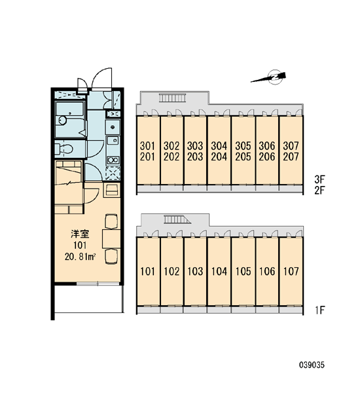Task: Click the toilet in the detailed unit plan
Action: (x=64, y=149)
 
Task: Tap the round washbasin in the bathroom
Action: (x=62, y=121)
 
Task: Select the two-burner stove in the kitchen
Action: (x=113, y=160)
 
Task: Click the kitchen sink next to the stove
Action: (x=113, y=140)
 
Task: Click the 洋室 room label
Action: (x=80, y=234)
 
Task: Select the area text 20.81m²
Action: (x=81, y=257)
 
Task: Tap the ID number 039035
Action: (x=312, y=365)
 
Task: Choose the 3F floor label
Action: (x=319, y=179)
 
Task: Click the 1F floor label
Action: (x=320, y=310)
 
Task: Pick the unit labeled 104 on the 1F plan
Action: (x=219, y=271)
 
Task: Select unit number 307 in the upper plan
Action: (x=291, y=145)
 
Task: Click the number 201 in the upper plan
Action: (x=147, y=157)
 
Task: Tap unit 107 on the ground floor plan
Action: (x=291, y=271)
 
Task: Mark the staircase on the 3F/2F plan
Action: (x=173, y=98)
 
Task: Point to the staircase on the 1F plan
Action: (x=177, y=219)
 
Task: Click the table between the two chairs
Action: (x=111, y=238)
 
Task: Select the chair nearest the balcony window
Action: (x=111, y=256)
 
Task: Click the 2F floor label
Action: (x=319, y=191)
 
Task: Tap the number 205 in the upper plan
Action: (x=243, y=157)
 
